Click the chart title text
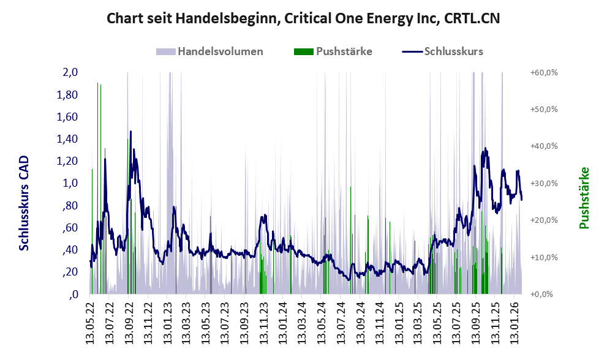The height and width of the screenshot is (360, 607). pyautogui.click(x=303, y=18)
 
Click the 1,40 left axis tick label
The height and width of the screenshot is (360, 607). pyautogui.click(x=67, y=139)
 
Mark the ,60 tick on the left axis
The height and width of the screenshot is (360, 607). pyautogui.click(x=69, y=228)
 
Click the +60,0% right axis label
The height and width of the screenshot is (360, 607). pyautogui.click(x=543, y=72)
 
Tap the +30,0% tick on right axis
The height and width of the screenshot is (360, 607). pyautogui.click(x=543, y=183)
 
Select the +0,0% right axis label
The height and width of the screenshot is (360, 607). pyautogui.click(x=541, y=294)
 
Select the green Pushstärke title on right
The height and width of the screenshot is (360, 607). pyautogui.click(x=584, y=198)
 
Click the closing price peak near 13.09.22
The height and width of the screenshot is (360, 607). pyautogui.click(x=130, y=132)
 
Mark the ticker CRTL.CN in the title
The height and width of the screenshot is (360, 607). pyautogui.click(x=471, y=18)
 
